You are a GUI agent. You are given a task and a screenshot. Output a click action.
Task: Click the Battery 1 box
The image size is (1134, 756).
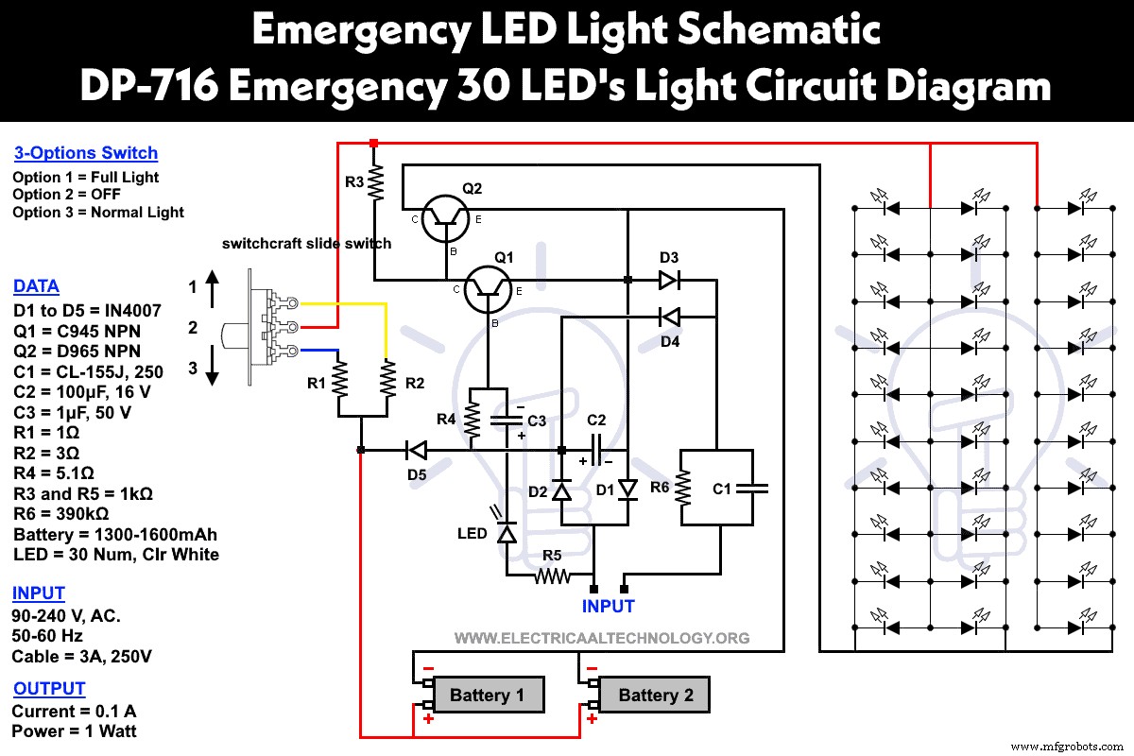[487, 696]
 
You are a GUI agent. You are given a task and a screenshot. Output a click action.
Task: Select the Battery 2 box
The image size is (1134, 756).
[655, 696]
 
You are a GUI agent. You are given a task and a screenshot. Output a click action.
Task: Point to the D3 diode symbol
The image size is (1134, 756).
[669, 280]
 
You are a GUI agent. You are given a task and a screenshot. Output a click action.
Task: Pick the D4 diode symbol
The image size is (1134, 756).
[669, 318]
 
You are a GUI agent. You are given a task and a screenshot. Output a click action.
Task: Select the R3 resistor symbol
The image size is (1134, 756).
[375, 181]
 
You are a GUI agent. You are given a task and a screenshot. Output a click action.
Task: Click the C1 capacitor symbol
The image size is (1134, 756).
[752, 489]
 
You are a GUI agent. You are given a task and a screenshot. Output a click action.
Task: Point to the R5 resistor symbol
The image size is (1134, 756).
[552, 575]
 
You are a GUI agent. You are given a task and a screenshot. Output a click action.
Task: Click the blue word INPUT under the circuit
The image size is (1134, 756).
[609, 606]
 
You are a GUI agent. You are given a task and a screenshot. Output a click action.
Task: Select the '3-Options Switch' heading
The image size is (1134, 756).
[86, 153]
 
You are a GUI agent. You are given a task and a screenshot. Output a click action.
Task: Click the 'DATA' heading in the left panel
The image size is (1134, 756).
[36, 286]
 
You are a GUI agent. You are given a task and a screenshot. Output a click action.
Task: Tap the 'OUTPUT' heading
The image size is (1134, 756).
[49, 689]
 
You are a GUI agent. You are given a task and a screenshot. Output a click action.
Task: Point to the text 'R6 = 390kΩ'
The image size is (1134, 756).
[61, 514]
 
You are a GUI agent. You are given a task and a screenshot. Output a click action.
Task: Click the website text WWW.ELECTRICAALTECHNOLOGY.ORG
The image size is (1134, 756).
[602, 638]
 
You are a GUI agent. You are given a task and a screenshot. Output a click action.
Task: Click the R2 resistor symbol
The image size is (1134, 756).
[387, 382]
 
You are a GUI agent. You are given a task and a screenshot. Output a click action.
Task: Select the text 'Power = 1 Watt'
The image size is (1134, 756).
[74, 730]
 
